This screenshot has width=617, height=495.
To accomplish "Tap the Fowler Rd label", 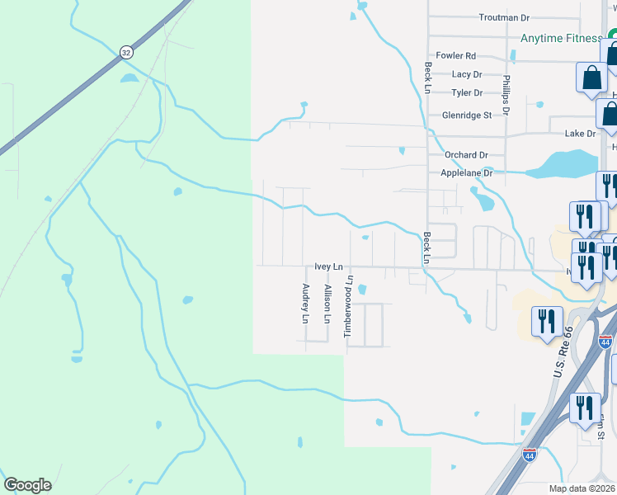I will point(456,56).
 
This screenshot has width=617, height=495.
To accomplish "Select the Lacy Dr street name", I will point(467,74).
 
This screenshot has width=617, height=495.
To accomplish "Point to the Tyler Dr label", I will point(467,93).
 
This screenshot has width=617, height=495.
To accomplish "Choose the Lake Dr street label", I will point(580,134).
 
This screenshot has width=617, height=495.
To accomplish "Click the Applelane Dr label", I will point(467,173).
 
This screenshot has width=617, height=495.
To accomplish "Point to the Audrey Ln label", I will point(305,304).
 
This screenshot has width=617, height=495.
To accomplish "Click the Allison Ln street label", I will point(327,304).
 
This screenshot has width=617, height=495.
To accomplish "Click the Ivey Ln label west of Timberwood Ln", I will point(328,267).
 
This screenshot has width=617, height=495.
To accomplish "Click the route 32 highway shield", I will point(125,51).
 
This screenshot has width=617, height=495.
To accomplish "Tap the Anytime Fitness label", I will point(561,38).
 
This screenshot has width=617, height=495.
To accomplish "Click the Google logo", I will point(27,485).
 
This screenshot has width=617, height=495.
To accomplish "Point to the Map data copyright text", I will point(582,488).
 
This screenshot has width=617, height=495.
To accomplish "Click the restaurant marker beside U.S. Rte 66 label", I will point(546,322).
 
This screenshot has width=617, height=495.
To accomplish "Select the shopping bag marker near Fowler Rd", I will point(591,79).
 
